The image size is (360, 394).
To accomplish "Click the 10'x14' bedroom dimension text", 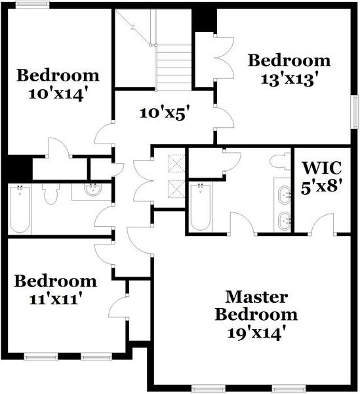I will [x=58, y=93].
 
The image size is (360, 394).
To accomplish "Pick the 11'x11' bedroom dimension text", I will [x=55, y=300].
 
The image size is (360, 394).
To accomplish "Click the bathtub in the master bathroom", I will [x=201, y=207].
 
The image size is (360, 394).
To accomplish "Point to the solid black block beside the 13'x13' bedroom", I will [x=203, y=21].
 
